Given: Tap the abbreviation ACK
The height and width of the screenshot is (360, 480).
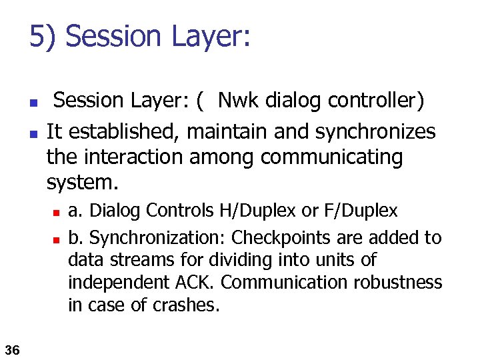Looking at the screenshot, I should [197, 283].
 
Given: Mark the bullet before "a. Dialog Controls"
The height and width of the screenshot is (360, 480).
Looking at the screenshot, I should [57, 213].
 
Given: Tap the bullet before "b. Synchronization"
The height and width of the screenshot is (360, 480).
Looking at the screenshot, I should [57, 239].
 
